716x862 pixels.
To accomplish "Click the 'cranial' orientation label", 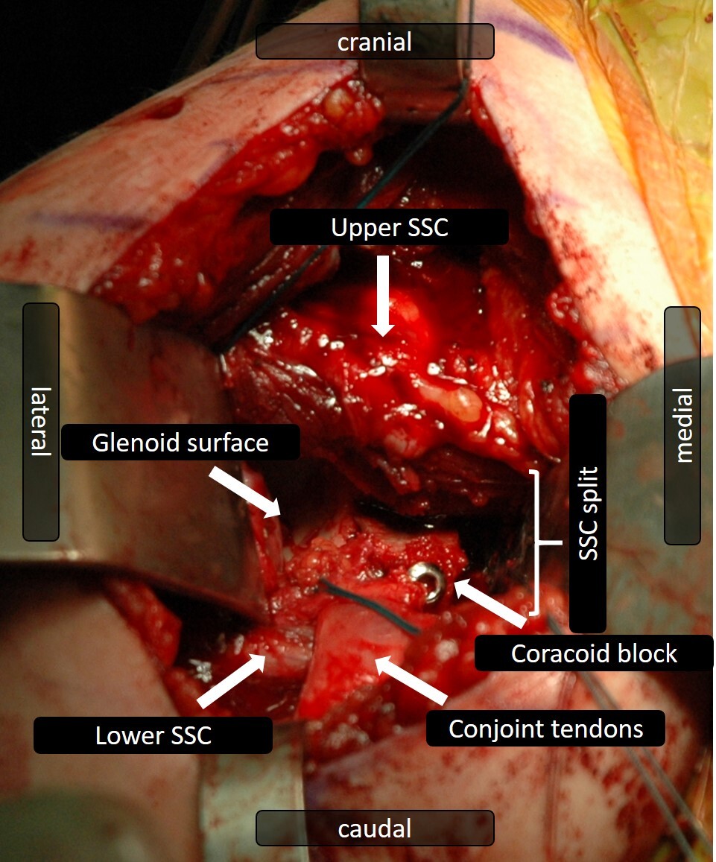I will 374,41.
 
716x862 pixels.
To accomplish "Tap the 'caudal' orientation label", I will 374,828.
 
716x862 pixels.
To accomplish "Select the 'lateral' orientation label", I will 41,422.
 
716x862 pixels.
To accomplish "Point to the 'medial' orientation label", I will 682,425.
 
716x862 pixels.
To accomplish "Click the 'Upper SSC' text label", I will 389,227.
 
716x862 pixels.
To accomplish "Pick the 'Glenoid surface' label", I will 180,443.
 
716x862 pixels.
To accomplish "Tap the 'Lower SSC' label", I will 153,735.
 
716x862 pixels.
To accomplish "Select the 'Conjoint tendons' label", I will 545,728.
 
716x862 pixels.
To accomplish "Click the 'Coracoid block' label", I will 593,653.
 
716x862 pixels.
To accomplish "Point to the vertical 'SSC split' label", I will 587,513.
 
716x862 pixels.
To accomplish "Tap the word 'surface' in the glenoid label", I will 231,443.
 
